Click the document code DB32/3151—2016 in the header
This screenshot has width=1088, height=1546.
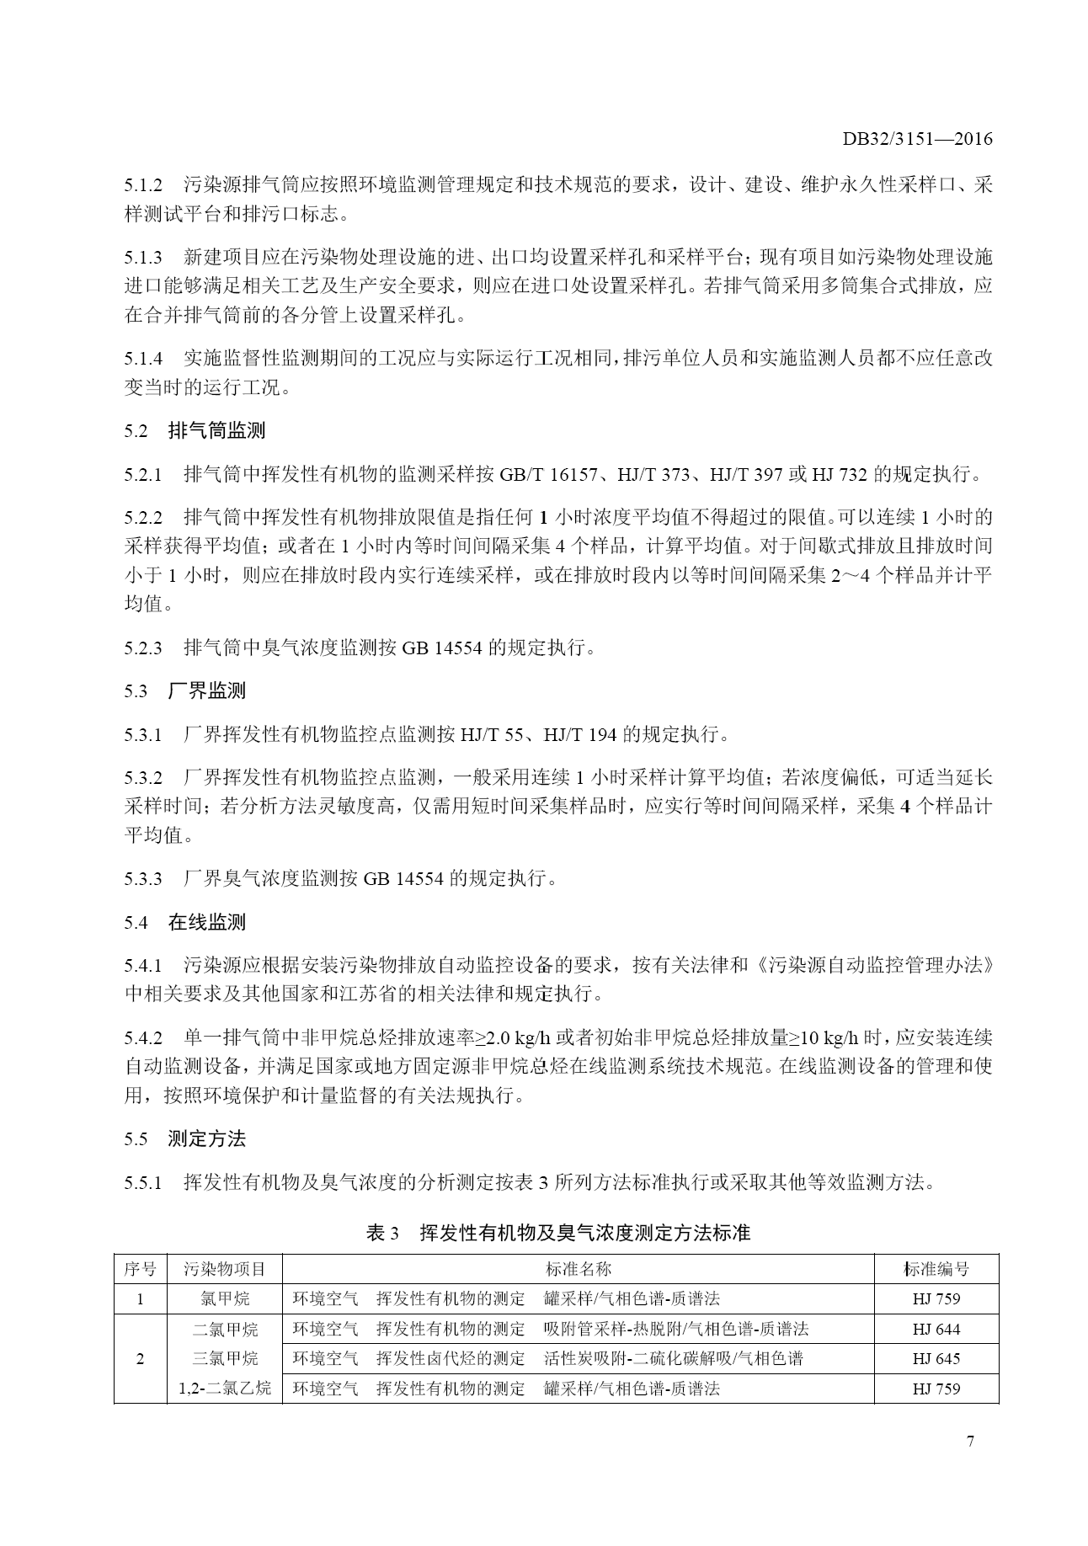[917, 139]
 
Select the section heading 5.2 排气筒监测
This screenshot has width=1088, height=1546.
[194, 431]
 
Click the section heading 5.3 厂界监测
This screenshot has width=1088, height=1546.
[185, 691]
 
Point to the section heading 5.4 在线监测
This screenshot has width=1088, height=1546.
[185, 923]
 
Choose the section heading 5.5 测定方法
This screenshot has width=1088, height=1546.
[185, 1139]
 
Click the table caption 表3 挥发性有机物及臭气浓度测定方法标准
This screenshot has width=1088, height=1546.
[558, 1233]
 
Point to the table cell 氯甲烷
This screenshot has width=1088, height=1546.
[224, 1298]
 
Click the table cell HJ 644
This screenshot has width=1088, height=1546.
[936, 1330]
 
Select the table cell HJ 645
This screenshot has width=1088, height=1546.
[936, 1358]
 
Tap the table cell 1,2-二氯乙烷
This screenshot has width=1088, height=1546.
[224, 1388]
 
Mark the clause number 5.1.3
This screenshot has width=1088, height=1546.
[142, 257]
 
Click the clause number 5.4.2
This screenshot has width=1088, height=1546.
[142, 1037]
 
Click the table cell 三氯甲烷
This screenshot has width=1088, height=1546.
[224, 1358]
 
